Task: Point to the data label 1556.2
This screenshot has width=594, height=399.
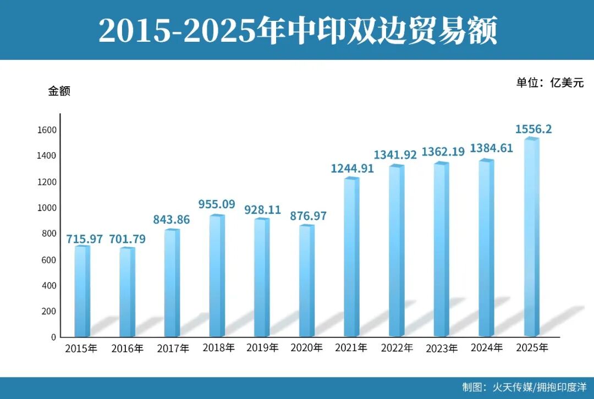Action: [533, 129]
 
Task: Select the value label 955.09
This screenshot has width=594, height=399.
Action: [217, 205]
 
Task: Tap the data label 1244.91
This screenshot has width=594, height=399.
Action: [352, 168]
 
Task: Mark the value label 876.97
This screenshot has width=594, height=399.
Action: [308, 216]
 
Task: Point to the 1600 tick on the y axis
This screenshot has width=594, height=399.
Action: [47, 130]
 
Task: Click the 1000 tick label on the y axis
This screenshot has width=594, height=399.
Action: [47, 208]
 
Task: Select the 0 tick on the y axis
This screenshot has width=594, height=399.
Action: [54, 337]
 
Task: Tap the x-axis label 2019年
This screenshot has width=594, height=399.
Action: [263, 348]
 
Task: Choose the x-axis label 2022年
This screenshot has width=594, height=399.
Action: [397, 348]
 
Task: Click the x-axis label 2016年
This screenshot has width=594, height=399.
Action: [127, 348]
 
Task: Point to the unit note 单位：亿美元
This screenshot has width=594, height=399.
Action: [549, 83]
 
